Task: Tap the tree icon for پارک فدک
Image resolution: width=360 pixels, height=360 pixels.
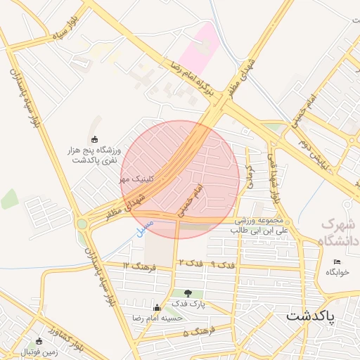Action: coord(188,292)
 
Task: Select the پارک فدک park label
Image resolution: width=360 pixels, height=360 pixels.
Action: coord(188,303)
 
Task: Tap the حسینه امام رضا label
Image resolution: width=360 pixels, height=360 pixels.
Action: coord(157,317)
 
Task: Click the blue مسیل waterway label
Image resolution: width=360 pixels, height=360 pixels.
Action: coord(141,229)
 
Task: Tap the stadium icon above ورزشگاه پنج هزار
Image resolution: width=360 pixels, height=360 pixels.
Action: coord(96,139)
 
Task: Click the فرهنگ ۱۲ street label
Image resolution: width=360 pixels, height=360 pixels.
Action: coord(139,265)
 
